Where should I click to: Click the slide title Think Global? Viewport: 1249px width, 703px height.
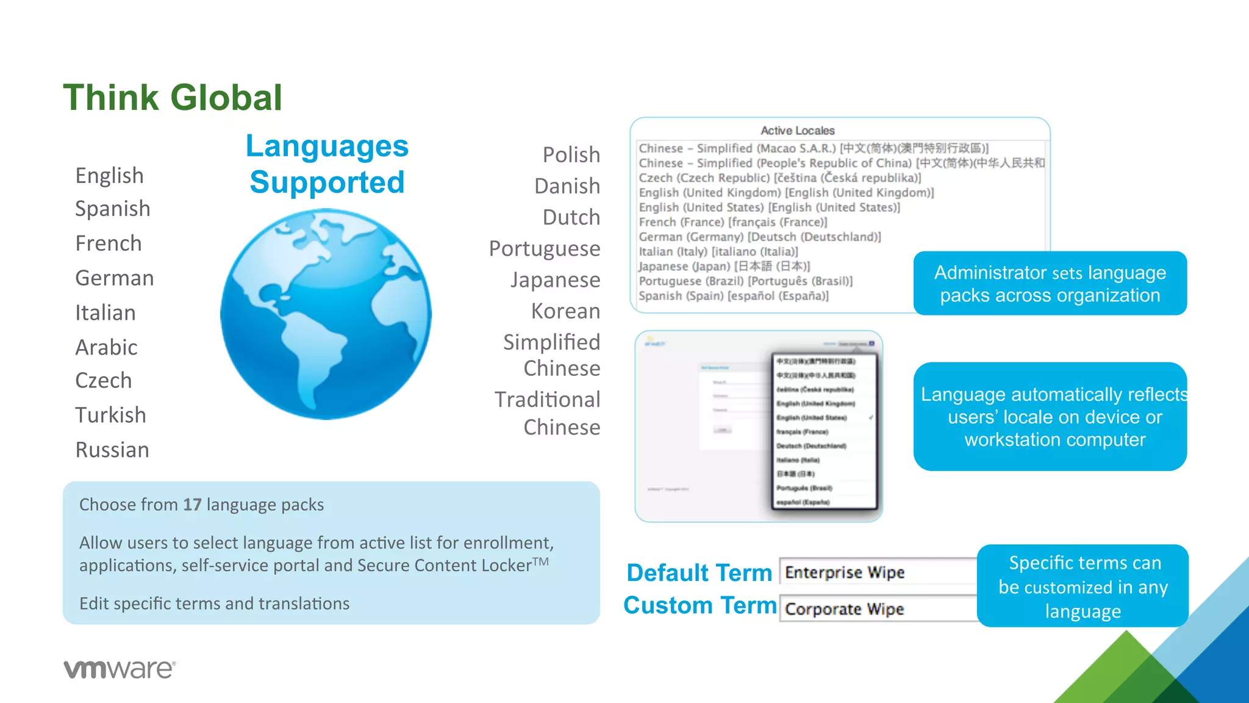point(173,98)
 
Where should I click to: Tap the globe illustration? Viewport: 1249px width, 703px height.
point(326,314)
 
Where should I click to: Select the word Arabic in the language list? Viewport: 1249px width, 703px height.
point(106,347)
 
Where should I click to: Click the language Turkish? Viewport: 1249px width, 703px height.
point(110,415)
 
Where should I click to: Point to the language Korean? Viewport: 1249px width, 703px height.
point(565,311)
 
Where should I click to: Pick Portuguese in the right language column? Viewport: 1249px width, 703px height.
point(545,249)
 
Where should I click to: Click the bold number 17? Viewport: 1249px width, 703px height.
point(192,505)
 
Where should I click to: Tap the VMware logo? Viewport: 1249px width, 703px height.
point(120,669)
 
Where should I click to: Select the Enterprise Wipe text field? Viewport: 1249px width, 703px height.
point(878,572)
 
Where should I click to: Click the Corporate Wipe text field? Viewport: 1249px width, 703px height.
point(878,609)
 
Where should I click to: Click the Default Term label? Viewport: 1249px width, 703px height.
point(700,573)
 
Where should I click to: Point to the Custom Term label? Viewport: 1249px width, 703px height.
point(700,605)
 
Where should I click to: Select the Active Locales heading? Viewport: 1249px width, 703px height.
point(797,131)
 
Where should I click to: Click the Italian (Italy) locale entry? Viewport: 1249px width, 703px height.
point(718,251)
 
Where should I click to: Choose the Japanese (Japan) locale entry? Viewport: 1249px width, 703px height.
point(724,266)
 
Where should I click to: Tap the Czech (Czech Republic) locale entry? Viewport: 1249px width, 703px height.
point(779,178)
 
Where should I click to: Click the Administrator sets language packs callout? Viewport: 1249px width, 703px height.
point(1050,284)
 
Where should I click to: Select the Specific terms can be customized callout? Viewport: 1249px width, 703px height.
point(1083,586)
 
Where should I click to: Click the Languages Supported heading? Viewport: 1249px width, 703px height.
point(327,164)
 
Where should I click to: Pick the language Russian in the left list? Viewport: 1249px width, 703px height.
point(112,450)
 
